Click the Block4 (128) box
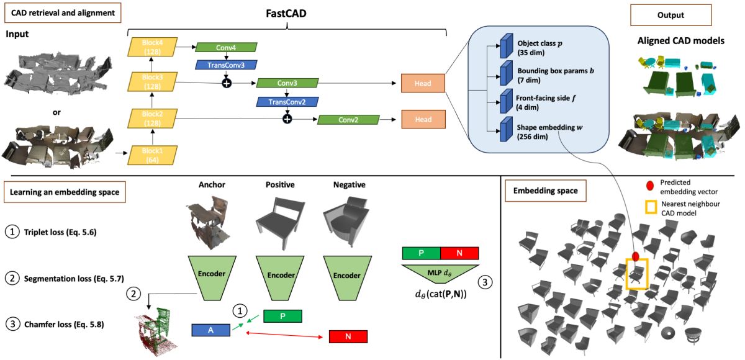coord(151,47)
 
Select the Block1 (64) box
coord(151,155)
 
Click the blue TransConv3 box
coord(225,65)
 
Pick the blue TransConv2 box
coord(286,101)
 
